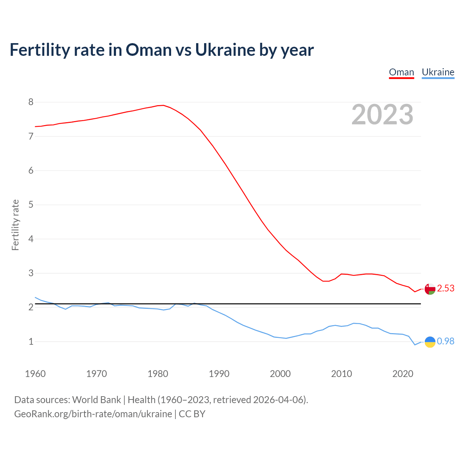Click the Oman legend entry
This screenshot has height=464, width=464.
tap(401, 72)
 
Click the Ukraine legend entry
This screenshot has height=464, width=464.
tap(438, 72)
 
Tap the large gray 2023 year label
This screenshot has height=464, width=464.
tap(382, 115)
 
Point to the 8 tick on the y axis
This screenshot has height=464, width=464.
tap(31, 102)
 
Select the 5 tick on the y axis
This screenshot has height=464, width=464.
tap(31, 204)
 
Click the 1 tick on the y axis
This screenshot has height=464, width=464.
tap(31, 341)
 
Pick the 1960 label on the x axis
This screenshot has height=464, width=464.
tap(35, 374)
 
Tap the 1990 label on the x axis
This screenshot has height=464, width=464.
tap(219, 374)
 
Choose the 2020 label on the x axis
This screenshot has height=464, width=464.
tap(403, 374)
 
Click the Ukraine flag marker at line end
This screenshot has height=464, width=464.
tap(430, 342)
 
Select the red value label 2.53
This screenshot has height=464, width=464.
tap(446, 289)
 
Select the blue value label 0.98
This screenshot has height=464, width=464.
tap(446, 341)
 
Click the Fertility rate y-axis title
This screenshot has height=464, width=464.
tap(15, 225)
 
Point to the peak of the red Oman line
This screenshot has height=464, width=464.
tap(163, 105)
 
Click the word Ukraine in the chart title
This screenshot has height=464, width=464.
tap(225, 50)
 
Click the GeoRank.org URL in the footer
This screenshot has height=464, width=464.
tap(93, 414)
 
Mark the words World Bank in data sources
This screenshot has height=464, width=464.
tap(96, 400)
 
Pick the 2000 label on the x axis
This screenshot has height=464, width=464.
tap(280, 374)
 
